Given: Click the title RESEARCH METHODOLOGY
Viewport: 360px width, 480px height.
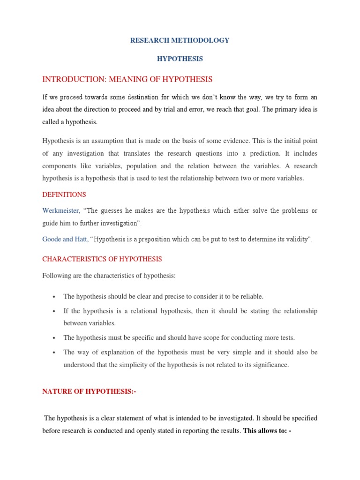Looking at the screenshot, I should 180,40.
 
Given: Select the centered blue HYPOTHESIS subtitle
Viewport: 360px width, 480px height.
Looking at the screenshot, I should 180,59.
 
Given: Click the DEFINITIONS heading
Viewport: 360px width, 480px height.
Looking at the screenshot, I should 64,194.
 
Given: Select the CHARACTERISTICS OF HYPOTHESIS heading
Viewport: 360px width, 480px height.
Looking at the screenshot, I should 102,259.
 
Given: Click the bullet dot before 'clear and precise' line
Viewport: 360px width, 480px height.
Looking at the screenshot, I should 54,297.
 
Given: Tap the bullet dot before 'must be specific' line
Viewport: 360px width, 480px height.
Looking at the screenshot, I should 54,338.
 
